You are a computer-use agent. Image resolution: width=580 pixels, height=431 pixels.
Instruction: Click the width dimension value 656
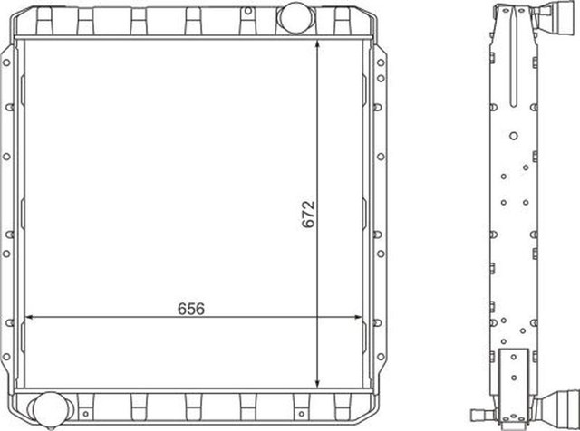(191, 309)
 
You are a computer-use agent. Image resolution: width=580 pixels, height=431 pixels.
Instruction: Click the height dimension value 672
(308, 214)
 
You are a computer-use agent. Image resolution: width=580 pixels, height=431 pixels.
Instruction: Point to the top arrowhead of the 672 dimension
(317, 44)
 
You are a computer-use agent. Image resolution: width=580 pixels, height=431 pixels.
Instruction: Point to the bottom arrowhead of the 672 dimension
(317, 383)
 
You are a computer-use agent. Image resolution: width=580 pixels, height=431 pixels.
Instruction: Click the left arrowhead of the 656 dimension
(30, 317)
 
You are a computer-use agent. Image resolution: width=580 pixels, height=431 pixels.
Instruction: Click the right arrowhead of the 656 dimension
(358, 317)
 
